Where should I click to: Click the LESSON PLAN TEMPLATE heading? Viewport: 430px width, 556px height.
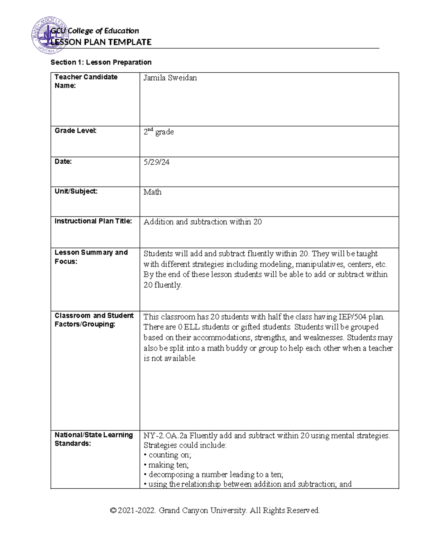tap(101, 42)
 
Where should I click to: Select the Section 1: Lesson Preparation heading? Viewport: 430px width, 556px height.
tap(101, 62)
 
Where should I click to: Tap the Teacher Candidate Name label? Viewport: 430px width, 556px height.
tap(86, 81)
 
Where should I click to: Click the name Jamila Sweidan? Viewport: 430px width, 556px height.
tap(170, 78)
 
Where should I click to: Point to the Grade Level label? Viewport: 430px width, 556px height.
tap(75, 131)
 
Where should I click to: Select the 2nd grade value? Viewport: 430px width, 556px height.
tap(158, 132)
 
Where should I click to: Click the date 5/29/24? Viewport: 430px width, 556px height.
tap(157, 162)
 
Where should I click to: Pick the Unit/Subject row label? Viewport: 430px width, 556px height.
tap(76, 191)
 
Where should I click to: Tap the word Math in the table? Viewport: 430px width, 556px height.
tap(152, 192)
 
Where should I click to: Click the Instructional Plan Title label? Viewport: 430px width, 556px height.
tap(93, 221)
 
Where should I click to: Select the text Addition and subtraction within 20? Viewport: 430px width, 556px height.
tap(202, 222)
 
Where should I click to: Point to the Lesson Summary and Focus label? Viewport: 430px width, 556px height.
tap(91, 257)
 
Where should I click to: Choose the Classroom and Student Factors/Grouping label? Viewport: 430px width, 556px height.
tap(94, 320)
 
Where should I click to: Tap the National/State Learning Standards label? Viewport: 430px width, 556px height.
tap(94, 439)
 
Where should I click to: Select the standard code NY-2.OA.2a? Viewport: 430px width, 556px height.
tap(165, 436)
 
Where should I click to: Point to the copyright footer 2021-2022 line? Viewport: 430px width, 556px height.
tap(215, 511)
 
